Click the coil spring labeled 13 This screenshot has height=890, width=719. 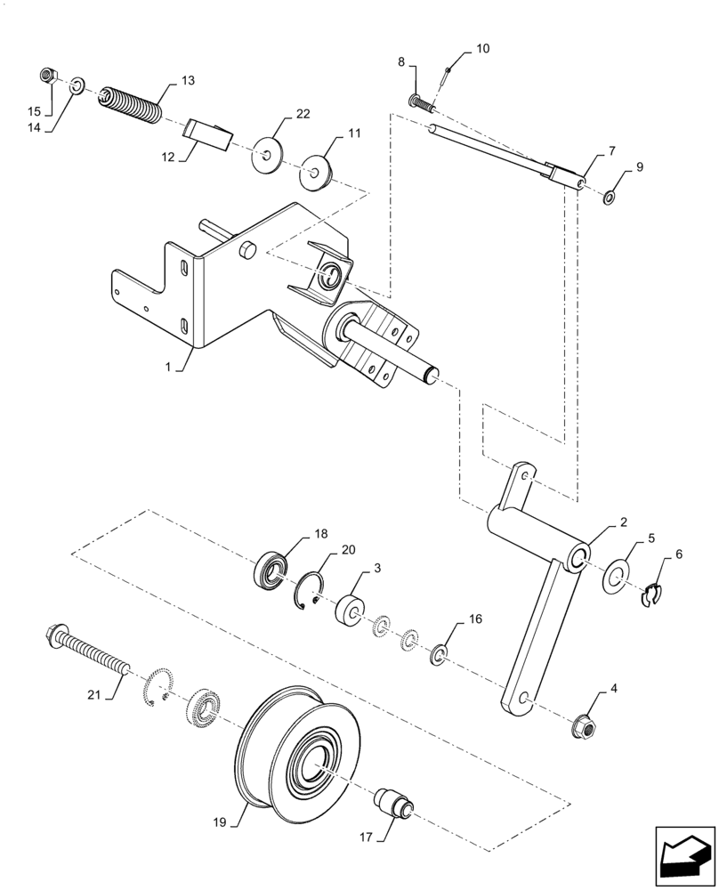pos(130,105)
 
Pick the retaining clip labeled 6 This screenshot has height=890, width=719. pos(655,595)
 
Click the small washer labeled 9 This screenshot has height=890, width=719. pos(608,196)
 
